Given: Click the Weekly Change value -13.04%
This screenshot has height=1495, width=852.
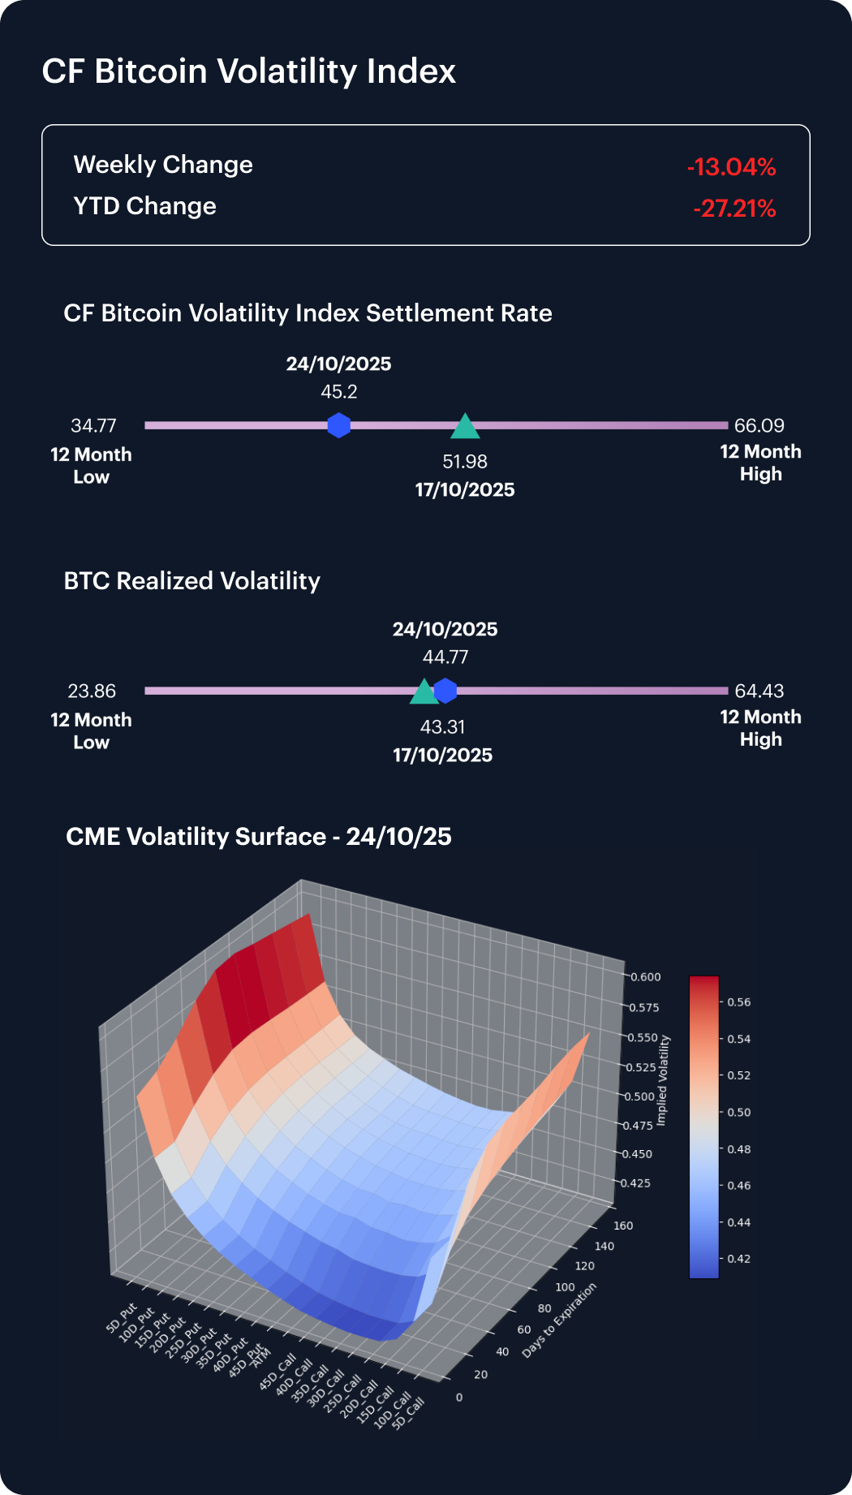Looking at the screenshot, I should [x=731, y=167].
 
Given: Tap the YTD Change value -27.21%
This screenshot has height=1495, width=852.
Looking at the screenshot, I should [x=734, y=209].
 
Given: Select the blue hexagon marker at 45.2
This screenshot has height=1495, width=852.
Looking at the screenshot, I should [x=338, y=425].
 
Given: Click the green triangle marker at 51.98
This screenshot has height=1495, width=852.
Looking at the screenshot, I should [x=465, y=427].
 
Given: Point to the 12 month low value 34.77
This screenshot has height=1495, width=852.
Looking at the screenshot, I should [x=93, y=425].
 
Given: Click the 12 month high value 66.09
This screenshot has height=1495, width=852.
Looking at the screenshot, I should [x=759, y=425].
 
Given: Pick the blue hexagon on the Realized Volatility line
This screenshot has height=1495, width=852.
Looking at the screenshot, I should [x=445, y=691].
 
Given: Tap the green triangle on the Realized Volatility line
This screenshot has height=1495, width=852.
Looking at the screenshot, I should [x=424, y=692].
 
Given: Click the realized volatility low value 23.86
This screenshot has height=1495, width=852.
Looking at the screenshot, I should [x=92, y=691].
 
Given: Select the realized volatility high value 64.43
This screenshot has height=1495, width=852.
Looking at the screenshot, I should [x=759, y=691].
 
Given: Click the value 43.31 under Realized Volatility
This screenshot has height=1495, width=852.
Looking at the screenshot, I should [x=442, y=726].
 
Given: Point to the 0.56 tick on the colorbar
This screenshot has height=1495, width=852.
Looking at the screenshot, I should [x=738, y=1002].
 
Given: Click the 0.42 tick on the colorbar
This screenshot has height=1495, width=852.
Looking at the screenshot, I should [x=738, y=1259].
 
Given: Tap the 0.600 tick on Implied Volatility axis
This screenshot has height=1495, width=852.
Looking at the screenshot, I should [x=646, y=977].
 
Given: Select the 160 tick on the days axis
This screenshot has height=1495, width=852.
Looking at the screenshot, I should [x=623, y=1226].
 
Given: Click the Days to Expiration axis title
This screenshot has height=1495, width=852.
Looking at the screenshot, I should [x=559, y=1321].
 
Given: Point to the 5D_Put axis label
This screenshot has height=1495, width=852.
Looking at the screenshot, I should [x=122, y=1319].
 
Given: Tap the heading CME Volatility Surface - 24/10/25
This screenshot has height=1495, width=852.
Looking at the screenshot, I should [x=259, y=837].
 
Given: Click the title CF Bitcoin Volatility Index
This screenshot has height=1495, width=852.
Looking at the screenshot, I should [x=249, y=71].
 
